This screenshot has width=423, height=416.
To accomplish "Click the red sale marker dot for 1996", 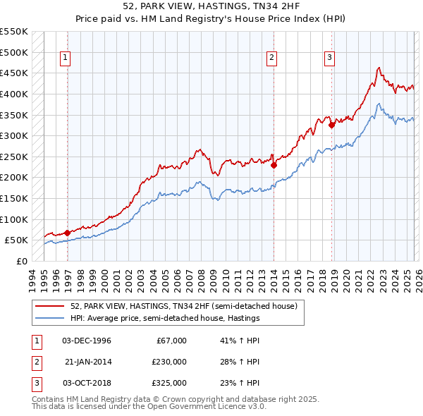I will [67, 233].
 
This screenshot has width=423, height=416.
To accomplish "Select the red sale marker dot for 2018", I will [331, 126].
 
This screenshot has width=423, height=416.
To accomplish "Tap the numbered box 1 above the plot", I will [65, 59].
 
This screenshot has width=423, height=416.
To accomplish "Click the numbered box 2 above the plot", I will [271, 59].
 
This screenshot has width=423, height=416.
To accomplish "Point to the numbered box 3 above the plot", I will [329, 59].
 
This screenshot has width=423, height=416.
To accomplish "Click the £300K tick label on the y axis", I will [14, 135].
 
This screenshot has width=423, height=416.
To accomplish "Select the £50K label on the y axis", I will [17, 240].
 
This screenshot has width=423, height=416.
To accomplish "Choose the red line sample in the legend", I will [50, 306].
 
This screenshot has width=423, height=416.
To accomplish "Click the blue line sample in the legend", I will [50, 318].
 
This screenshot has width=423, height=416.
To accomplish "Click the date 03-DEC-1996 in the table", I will [87, 341].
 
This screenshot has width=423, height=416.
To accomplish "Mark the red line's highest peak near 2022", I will [379, 68].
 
